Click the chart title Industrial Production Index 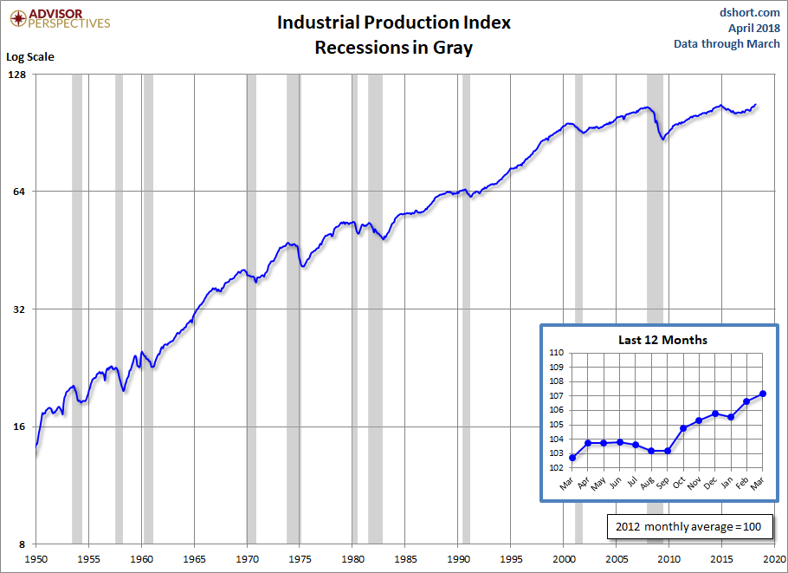click(393, 23)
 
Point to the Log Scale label click(30, 57)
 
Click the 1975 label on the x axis click(300, 560)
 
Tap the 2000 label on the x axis click(564, 560)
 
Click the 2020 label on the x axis click(774, 560)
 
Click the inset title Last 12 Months click(662, 340)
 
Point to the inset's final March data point click(763, 394)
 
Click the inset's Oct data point click(683, 428)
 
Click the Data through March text click(727, 43)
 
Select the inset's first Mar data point click(572, 458)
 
